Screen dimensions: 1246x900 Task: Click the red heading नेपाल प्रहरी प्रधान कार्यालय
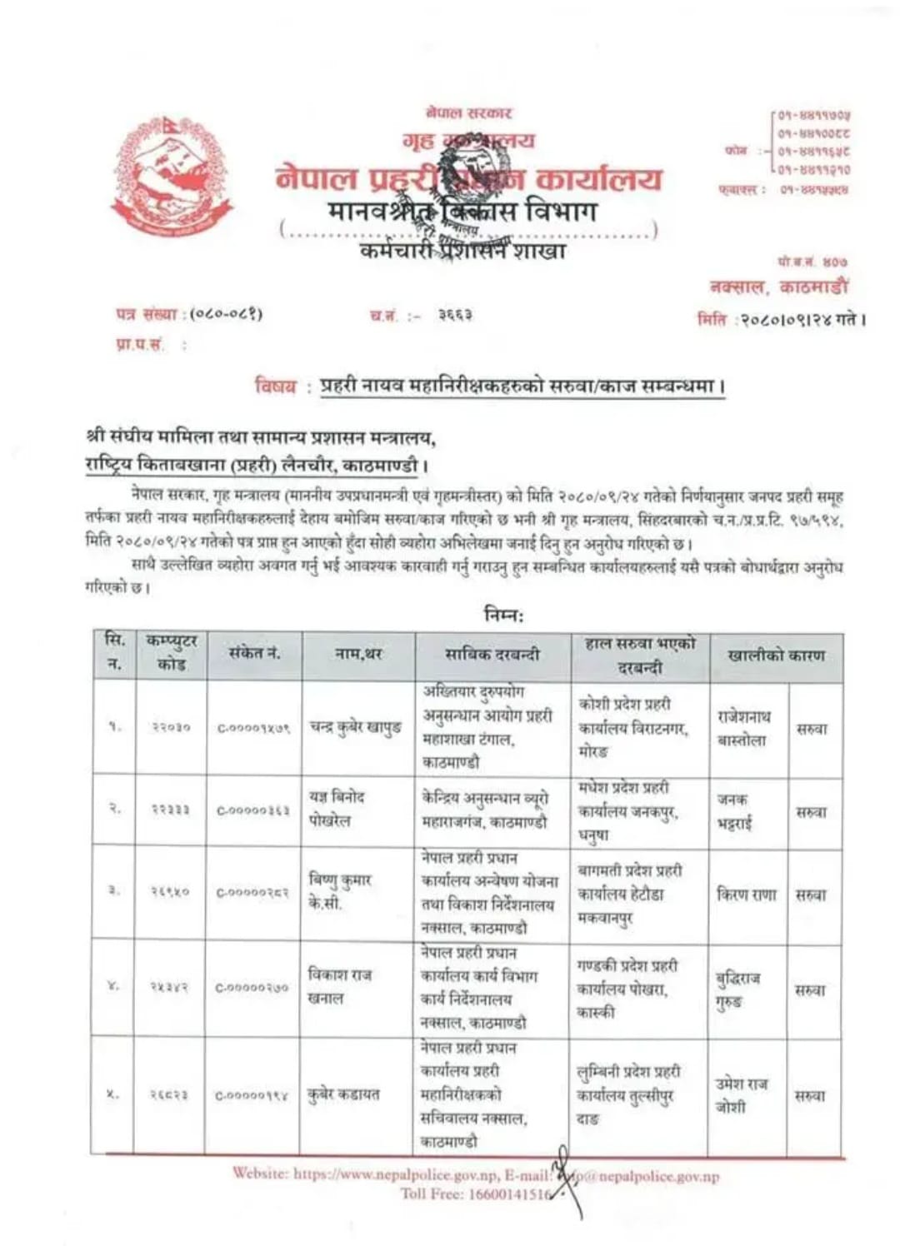[x=469, y=178]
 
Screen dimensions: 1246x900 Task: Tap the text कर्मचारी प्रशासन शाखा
[x=463, y=250]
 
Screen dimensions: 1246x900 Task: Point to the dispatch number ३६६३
[x=455, y=316]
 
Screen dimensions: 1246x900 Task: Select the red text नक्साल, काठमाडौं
[x=778, y=287]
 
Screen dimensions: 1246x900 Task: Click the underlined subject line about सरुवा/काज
[x=522, y=386]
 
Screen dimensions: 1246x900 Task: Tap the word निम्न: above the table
[x=504, y=615]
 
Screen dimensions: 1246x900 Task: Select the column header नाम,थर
[x=358, y=655]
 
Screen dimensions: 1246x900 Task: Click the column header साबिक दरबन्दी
[x=492, y=655]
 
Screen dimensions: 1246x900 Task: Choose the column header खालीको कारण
[x=776, y=655]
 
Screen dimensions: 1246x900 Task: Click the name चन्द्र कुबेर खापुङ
[x=356, y=727]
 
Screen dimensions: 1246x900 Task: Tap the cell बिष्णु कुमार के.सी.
[x=340, y=891]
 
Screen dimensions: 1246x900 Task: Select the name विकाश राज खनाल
[x=340, y=986]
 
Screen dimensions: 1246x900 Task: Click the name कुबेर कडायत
[x=343, y=1094]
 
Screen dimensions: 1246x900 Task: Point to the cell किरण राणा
[x=746, y=895]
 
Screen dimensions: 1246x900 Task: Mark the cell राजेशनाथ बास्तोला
[x=743, y=728]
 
